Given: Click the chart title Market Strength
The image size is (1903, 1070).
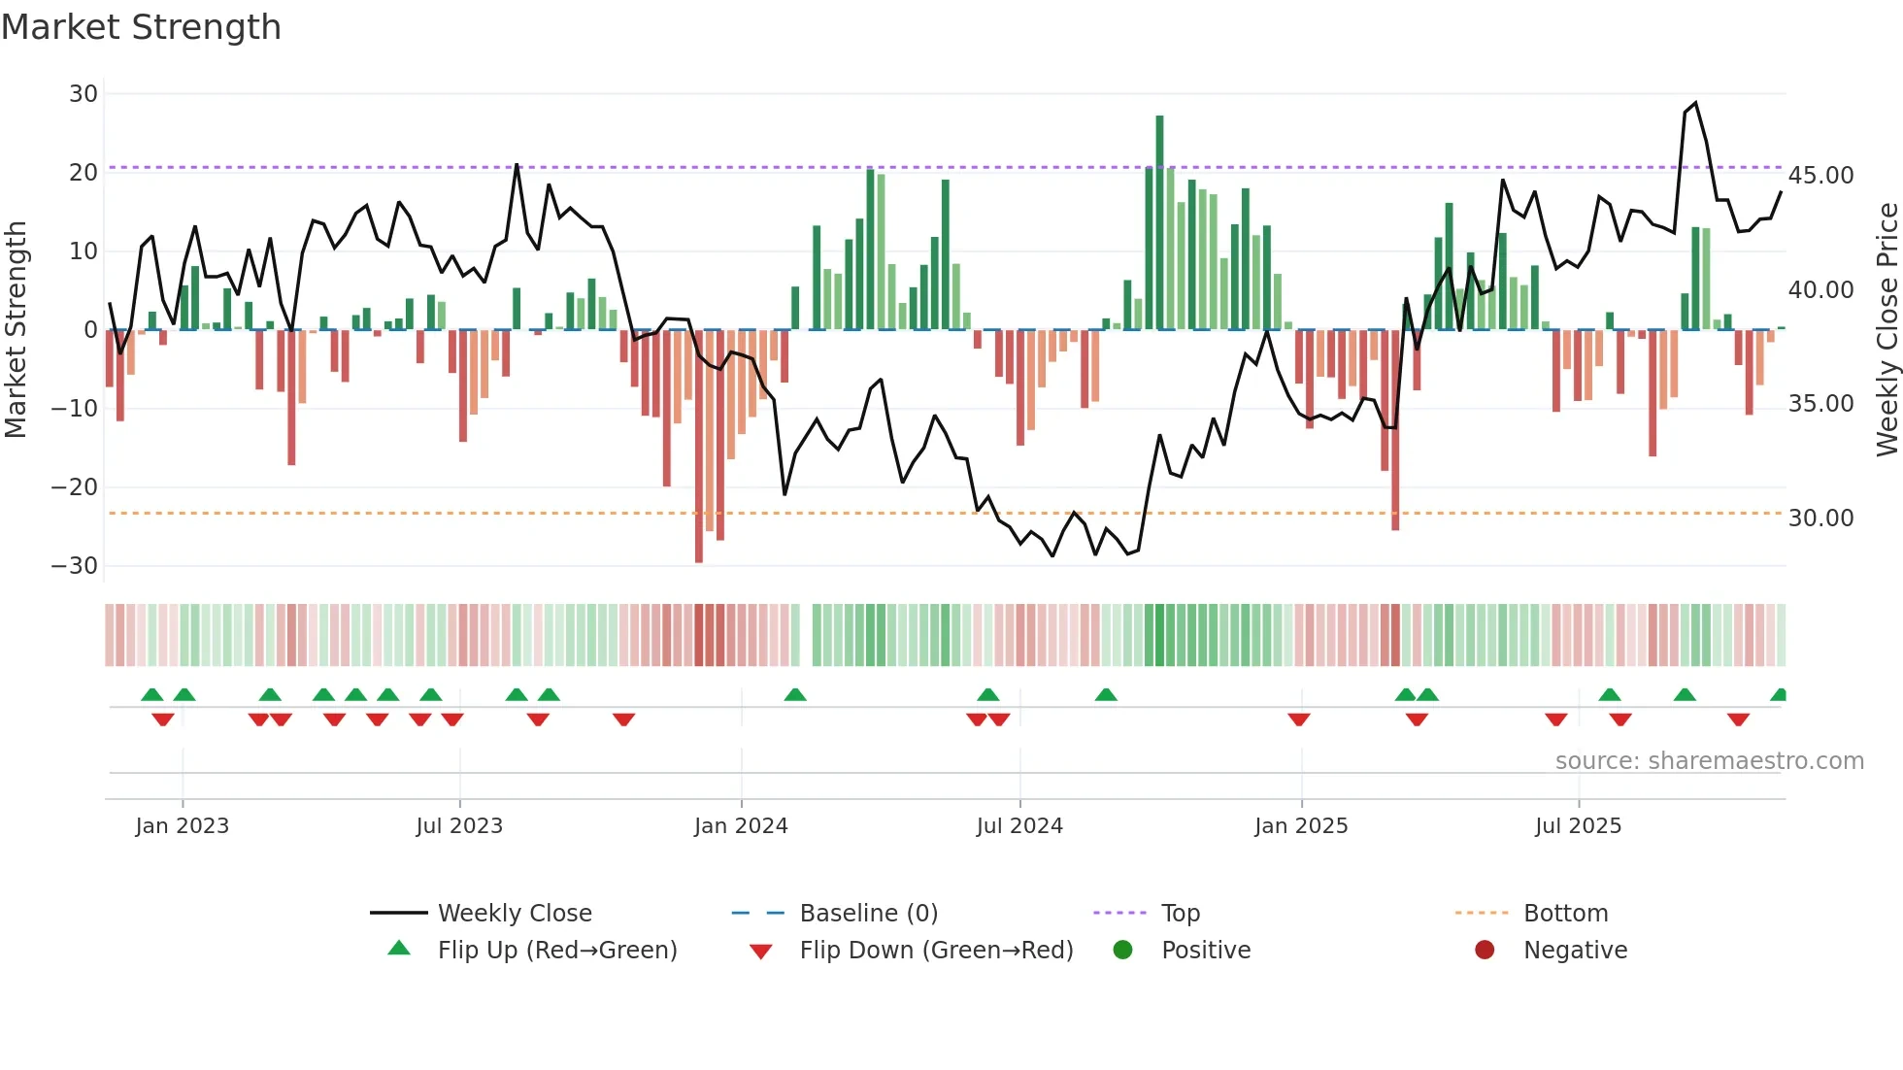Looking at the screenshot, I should pos(141,27).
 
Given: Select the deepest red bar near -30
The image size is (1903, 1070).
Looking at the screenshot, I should pos(699,447).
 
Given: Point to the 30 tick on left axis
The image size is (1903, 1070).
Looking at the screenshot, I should pos(83,94).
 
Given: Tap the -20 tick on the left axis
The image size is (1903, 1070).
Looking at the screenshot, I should pos(76,487).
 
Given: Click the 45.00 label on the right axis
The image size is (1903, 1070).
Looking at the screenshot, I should pos(1820,176).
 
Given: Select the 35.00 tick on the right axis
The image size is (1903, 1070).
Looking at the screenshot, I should pos(1820,404).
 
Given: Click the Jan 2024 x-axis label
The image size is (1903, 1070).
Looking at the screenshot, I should pos(741,826).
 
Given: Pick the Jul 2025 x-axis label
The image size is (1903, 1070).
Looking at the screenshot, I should pos(1578,826).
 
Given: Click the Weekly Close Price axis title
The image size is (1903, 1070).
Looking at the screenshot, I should pos(1886,330).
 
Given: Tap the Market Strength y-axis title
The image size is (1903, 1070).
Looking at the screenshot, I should pos(16,330).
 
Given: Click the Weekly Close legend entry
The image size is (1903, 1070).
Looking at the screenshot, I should pos(514,914).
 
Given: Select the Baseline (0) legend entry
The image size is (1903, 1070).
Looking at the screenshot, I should pos(868,914).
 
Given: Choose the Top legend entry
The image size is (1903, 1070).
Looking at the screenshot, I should pos(1180,914).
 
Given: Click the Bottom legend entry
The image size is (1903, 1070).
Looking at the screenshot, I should pos(1565,914).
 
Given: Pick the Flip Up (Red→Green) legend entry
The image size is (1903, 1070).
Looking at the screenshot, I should pos(556,951).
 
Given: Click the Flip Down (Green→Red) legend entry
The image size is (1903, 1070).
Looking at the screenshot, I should pos(936,951).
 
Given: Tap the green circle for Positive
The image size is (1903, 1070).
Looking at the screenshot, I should pos(1122,951).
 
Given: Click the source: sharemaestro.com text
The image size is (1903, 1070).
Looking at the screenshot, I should pos(1709,761).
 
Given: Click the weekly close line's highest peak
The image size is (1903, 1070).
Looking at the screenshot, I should pos(1695,103).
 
